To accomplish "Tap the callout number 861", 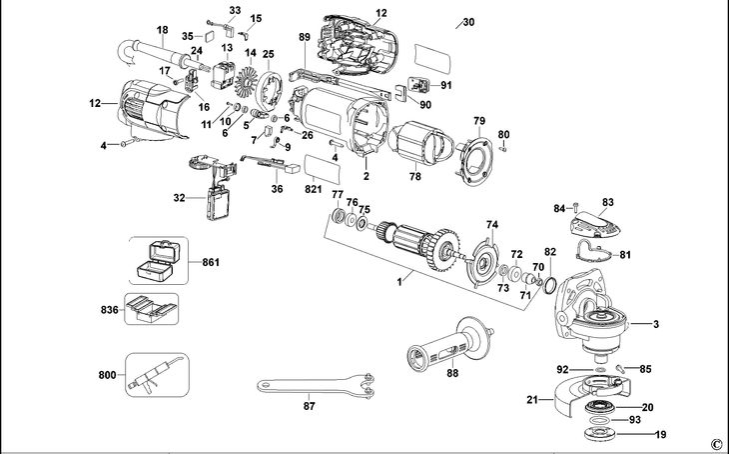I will tap(211, 262).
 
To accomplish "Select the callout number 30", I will tap(469, 21).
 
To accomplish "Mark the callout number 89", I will tap(305, 36).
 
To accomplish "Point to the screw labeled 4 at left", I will tap(121, 146).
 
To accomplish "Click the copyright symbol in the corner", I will tap(716, 443).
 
